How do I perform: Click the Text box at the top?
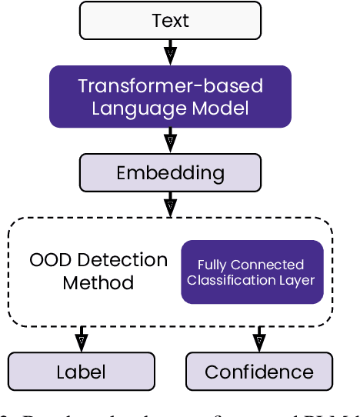[170, 21]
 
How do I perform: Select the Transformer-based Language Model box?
[170, 96]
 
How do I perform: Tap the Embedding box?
[170, 173]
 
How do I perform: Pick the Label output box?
[81, 372]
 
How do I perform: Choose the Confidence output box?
[259, 372]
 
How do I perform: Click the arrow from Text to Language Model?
[170, 52]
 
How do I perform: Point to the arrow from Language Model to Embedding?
[170, 140]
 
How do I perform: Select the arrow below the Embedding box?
[170, 204]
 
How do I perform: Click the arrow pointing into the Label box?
[81, 339]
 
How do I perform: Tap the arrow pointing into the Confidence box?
[259, 339]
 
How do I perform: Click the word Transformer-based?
[170, 85]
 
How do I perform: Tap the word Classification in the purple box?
[229, 280]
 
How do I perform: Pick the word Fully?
[212, 265]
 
